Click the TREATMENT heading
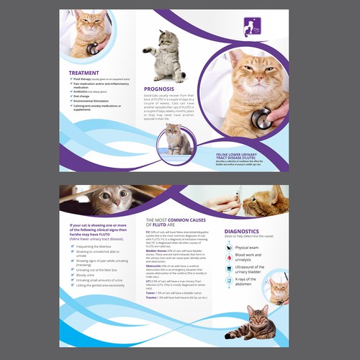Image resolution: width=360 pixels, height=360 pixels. [x=84, y=73]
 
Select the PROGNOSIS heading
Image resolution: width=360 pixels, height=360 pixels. [x=160, y=89]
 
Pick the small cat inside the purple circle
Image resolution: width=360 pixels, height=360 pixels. [x=178, y=138]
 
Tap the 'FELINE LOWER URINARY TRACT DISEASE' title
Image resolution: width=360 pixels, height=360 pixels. [x=246, y=156]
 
